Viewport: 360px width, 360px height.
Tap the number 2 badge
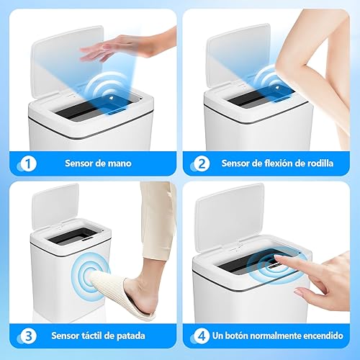tap(202, 163)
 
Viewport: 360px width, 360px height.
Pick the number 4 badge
tap(202, 335)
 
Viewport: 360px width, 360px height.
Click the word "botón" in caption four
tap(246, 335)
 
